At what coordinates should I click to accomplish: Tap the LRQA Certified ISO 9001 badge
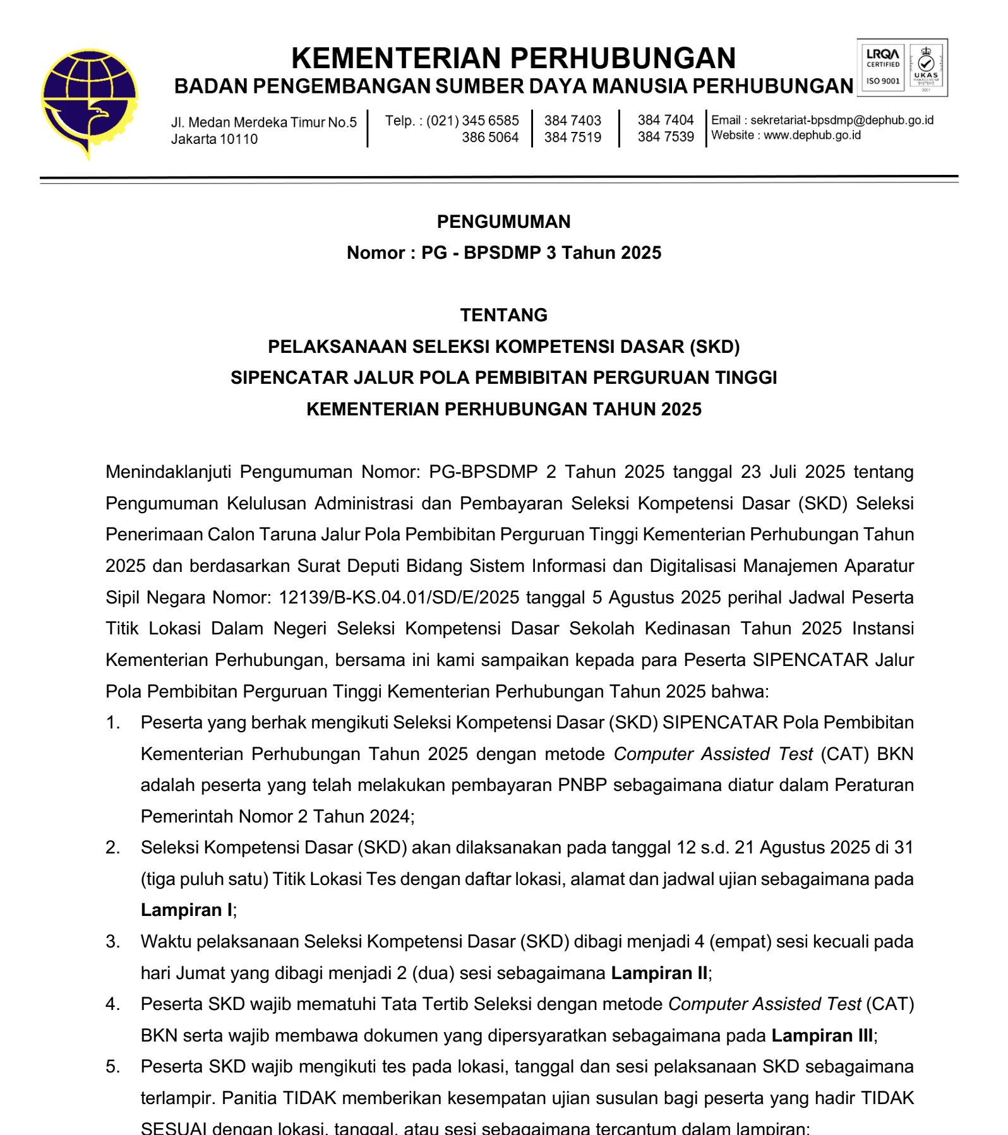882,68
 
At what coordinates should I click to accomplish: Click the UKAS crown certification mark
926,68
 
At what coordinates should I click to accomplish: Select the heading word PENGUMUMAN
503,222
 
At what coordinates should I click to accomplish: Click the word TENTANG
503,315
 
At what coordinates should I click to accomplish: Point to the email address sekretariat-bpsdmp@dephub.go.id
841,120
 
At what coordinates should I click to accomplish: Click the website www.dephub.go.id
812,135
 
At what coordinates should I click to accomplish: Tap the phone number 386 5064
490,137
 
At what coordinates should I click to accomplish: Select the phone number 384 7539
665,136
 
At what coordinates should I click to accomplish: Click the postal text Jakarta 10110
214,139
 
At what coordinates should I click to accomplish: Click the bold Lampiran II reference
659,973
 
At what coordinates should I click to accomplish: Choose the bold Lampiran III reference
822,1035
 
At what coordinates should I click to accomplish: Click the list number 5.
112,1067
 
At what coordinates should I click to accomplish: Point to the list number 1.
112,723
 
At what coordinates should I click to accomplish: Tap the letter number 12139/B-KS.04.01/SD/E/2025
399,597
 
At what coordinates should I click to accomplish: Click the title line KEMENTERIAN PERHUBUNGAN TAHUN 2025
503,409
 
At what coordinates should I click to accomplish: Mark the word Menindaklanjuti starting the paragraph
168,472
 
